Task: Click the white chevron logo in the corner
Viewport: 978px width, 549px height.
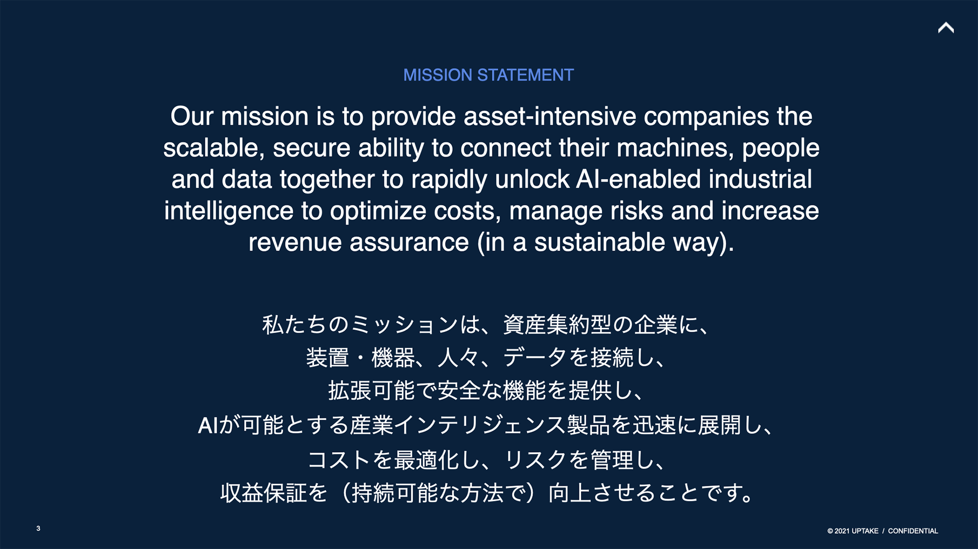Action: coord(946,27)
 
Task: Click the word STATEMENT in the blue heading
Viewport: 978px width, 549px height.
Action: coord(525,75)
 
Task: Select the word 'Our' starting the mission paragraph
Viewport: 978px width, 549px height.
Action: coord(192,116)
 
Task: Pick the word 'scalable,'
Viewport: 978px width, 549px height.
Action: coord(214,148)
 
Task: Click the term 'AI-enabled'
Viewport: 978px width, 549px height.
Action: coord(638,179)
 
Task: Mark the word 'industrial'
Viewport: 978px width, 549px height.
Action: coord(760,179)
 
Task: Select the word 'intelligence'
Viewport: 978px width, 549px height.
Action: coord(229,211)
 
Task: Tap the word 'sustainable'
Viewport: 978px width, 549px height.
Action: coord(600,242)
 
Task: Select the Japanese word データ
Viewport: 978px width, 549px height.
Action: coord(535,357)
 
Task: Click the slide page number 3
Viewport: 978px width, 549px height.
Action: coord(38,528)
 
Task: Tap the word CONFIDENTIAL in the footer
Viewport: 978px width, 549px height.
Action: coord(913,531)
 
